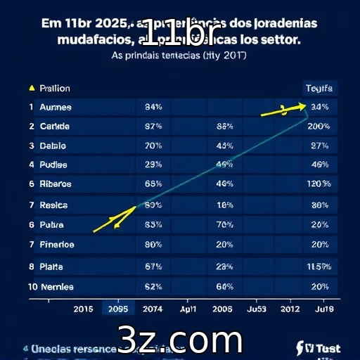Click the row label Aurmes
tap(56, 108)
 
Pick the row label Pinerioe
tap(57, 245)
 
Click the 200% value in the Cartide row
tap(319, 127)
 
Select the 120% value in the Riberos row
tap(319, 184)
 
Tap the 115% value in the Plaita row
tap(319, 266)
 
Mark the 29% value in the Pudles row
tap(153, 165)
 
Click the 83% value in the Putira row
tap(153, 225)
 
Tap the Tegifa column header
tap(320, 89)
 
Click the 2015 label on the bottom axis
tap(83, 309)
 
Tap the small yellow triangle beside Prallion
tap(31, 89)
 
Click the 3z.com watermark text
tap(180, 340)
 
